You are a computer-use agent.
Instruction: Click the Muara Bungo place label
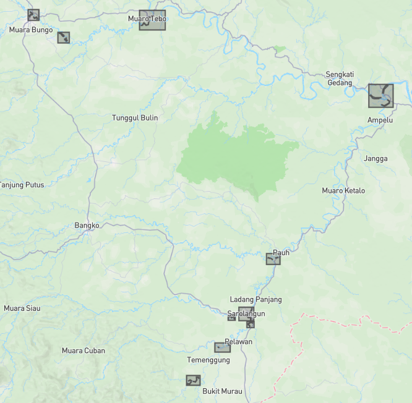(30, 29)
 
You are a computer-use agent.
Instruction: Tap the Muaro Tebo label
(147, 19)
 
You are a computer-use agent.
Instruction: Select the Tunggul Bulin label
(135, 117)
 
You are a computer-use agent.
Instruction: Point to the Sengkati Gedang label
(339, 78)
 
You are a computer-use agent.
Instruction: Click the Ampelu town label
(380, 120)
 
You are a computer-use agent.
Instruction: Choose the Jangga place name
(376, 158)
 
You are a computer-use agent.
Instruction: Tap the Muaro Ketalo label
(343, 190)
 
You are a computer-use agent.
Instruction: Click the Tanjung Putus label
(22, 185)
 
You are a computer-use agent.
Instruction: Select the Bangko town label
(87, 226)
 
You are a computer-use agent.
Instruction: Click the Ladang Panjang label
(255, 299)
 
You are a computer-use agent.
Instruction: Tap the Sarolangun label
(246, 314)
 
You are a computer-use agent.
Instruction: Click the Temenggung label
(208, 360)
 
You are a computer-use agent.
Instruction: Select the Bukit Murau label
(223, 391)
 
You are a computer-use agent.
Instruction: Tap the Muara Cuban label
(84, 350)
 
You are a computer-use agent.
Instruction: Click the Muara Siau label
(22, 308)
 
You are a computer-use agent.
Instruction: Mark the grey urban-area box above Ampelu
(380, 96)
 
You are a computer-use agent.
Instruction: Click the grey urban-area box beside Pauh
(273, 259)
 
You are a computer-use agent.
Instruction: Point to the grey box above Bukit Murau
(193, 380)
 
